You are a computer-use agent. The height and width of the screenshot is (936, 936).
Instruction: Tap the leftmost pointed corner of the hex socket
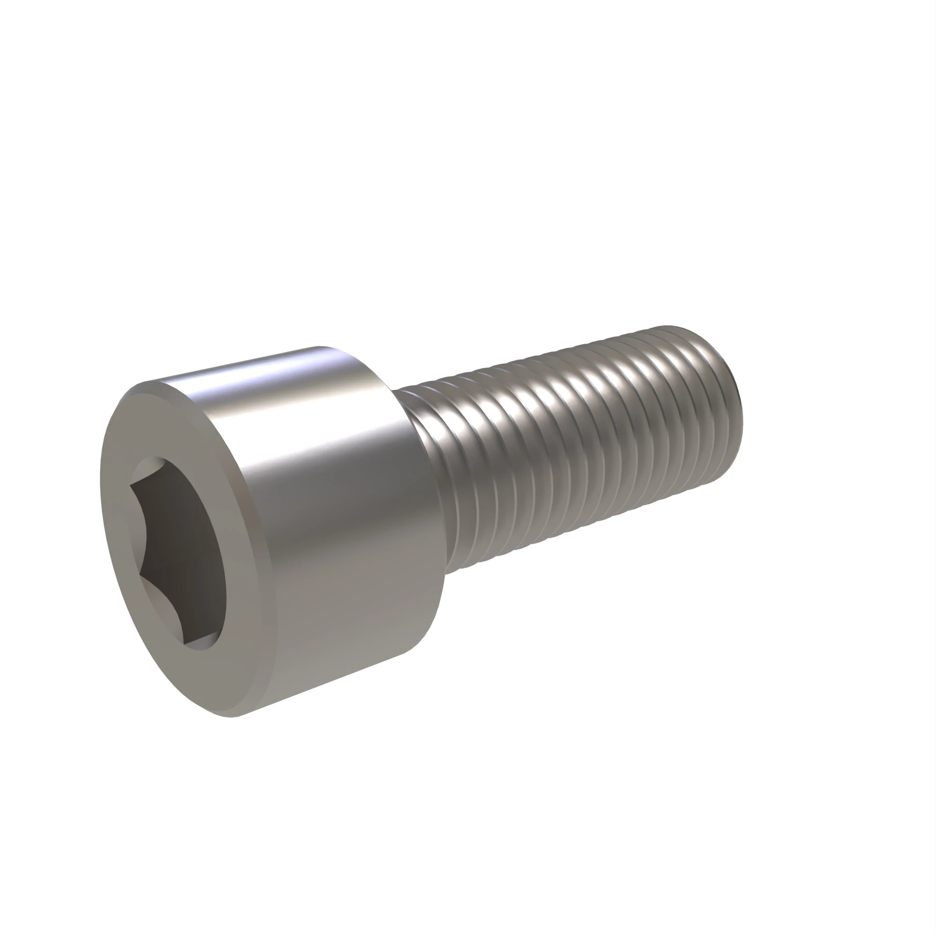(130, 490)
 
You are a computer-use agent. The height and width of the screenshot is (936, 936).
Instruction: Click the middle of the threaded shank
(572, 451)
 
